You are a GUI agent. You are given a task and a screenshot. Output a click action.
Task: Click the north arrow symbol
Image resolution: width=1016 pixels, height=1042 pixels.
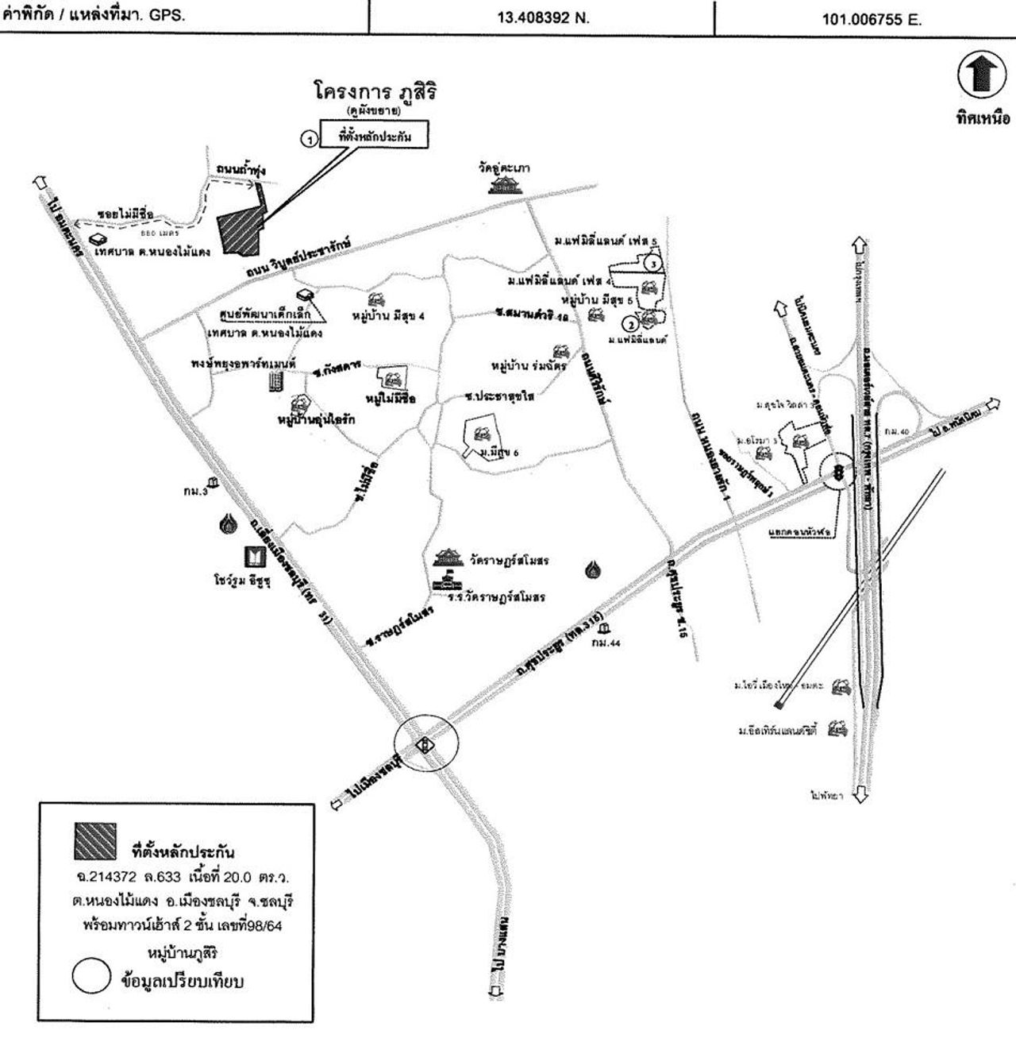pos(982,76)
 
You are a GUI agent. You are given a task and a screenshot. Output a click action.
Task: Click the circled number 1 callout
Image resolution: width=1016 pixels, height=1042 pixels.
pos(308,137)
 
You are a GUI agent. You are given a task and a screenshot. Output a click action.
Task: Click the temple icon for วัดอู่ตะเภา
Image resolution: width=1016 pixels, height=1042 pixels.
pos(505,185)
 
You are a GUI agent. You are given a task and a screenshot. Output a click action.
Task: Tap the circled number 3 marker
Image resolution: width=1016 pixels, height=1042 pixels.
pos(652,262)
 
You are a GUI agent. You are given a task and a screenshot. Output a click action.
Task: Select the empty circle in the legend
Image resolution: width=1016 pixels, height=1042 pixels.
pos(90,978)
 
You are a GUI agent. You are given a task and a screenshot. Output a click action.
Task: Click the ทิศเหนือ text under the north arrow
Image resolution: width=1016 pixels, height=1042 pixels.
pos(983,119)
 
